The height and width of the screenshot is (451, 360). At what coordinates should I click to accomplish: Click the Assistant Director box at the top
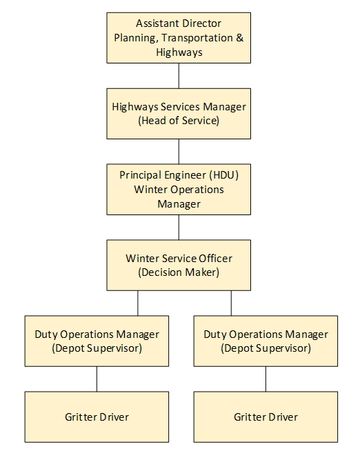tap(179, 38)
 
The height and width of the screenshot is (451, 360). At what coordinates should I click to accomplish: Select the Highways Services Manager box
tap(179, 113)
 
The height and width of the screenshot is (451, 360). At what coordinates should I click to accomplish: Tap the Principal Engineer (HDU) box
tap(179, 189)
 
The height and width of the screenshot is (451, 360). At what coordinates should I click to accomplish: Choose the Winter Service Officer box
tap(179, 265)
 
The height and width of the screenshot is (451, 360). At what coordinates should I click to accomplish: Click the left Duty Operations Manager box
tap(97, 341)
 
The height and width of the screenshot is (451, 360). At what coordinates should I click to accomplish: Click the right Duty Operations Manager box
tap(266, 341)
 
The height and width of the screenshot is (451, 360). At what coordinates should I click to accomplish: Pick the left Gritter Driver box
tap(97, 417)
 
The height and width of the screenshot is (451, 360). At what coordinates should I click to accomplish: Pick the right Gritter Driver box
tap(266, 417)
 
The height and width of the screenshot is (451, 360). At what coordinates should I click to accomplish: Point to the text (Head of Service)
tap(179, 120)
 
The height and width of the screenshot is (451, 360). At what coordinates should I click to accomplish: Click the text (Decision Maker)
tap(179, 272)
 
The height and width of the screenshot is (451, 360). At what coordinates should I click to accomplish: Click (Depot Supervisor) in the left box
tap(97, 348)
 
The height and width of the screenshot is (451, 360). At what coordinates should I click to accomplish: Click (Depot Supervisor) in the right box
tap(266, 348)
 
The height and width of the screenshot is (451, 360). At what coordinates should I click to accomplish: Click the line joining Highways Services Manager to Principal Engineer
tap(179, 151)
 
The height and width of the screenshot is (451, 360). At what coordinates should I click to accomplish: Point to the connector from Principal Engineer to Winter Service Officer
tap(179, 227)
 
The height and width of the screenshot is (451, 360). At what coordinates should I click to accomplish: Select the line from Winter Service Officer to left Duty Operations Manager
tap(138, 303)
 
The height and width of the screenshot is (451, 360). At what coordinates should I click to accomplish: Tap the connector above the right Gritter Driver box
tap(266, 379)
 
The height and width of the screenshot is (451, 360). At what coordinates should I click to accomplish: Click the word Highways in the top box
tap(179, 52)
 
